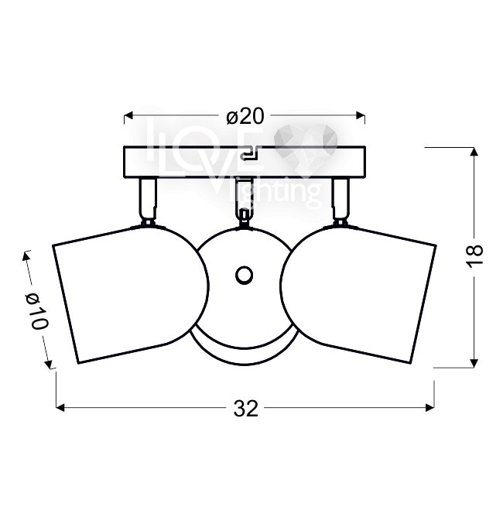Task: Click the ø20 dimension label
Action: (x=245, y=116)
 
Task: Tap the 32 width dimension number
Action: (x=246, y=409)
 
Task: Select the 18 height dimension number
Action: (x=475, y=255)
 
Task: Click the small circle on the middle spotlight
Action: (x=244, y=276)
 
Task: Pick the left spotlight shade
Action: (x=131, y=294)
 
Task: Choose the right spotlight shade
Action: (x=358, y=294)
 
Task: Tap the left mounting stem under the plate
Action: (x=148, y=201)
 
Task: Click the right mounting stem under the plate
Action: (x=340, y=201)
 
